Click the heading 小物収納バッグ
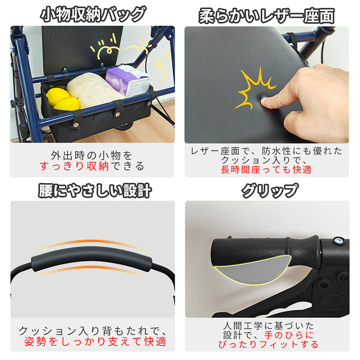click(x=93, y=14)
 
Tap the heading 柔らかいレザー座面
click(x=266, y=15)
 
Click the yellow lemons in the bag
click(x=62, y=99)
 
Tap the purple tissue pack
click(x=128, y=80)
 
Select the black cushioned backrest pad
click(x=90, y=259)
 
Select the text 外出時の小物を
click(x=92, y=155)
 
